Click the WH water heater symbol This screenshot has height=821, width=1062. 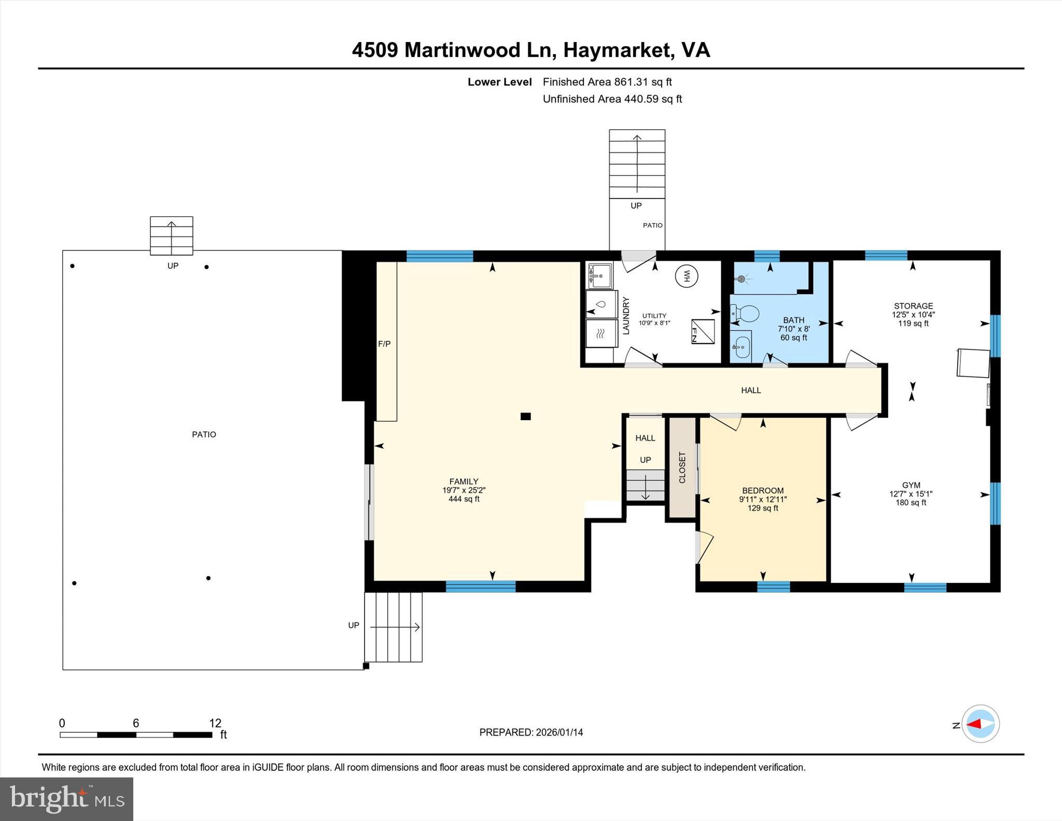coord(686,276)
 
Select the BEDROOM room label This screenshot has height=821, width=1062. coord(762,491)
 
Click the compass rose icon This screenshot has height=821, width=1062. coord(980,724)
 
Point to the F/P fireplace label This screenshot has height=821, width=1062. coord(384,344)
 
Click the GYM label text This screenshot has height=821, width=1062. coord(911,485)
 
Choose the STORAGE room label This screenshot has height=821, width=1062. coord(913,306)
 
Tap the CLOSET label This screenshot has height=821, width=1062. coord(682,467)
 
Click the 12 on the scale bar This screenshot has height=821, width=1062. coord(215,723)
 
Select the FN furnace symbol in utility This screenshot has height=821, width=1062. coord(703,332)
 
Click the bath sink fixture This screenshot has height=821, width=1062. coord(741,345)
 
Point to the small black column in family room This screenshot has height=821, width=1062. coord(525,416)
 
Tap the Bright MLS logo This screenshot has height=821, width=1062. coord(66,799)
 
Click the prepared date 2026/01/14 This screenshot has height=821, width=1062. coord(559,732)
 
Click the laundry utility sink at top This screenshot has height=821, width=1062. coord(600,275)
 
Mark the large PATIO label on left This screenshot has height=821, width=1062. coord(204,435)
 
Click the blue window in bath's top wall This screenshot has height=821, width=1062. coord(766,256)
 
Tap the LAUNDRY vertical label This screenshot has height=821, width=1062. coord(626,315)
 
